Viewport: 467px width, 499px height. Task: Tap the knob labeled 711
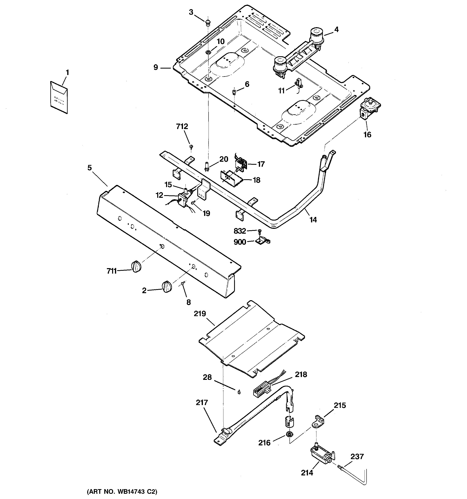[x=136, y=266]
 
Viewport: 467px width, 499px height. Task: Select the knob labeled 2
[x=166, y=287]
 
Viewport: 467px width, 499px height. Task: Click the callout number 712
[x=182, y=126]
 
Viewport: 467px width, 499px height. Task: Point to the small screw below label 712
[x=191, y=146]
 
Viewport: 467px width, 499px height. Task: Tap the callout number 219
[x=200, y=314]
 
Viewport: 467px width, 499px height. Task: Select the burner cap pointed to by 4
[x=316, y=35]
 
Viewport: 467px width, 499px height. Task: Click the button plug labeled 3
[x=208, y=23]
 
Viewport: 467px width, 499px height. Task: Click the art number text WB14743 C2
[x=122, y=491]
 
